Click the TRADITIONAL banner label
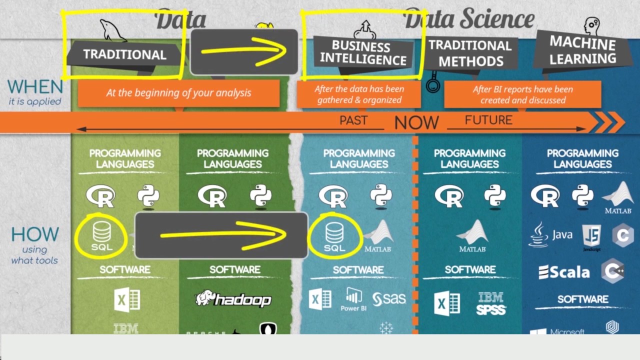[x=124, y=54]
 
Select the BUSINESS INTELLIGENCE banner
[x=363, y=53]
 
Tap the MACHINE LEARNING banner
[x=582, y=50]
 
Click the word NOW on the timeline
[x=416, y=122]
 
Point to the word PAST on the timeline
[x=353, y=120]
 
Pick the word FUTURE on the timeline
[x=488, y=120]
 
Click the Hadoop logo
[x=233, y=299]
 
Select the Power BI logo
[x=353, y=300]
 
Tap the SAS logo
[x=389, y=299]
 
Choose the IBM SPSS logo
[x=490, y=303]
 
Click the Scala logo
[x=563, y=272]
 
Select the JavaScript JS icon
[x=591, y=236]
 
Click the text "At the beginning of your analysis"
[x=178, y=93]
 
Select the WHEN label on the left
[x=35, y=87]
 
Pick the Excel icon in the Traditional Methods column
[x=447, y=303]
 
